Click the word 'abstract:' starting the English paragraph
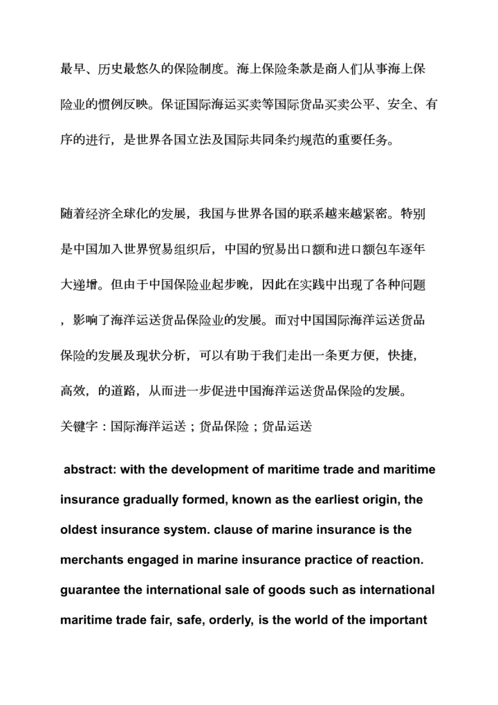click(x=89, y=470)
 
